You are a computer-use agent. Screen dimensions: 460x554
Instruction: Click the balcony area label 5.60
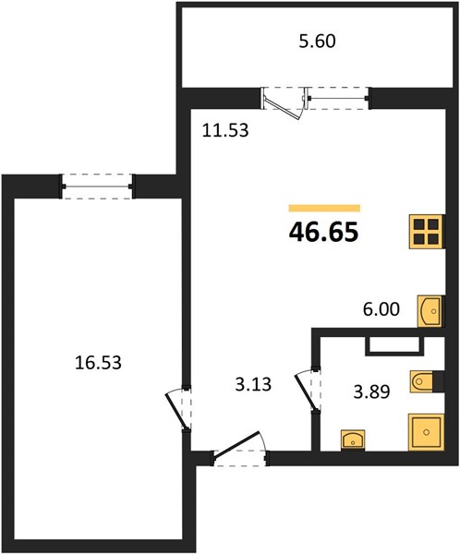(317, 42)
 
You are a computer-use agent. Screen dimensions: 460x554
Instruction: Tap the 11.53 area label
(225, 130)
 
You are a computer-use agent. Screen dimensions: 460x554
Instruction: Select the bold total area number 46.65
(324, 233)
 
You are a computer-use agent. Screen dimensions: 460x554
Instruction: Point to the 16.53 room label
(98, 363)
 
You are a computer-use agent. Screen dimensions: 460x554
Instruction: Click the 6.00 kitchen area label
(381, 309)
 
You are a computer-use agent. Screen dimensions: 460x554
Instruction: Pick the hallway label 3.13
(253, 384)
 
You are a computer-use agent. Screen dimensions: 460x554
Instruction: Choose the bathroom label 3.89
(371, 391)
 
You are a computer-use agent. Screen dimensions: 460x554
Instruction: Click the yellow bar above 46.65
(324, 208)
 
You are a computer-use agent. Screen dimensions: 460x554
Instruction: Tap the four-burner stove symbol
(427, 232)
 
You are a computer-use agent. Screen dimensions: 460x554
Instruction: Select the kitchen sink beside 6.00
(430, 311)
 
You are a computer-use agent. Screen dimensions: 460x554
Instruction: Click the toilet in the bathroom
(427, 381)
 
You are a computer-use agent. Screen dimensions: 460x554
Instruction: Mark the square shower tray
(426, 432)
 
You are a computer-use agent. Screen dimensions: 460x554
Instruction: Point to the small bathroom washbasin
(353, 440)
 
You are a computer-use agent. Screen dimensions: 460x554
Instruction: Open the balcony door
(284, 103)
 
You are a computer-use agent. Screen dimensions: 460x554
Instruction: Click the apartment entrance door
(240, 448)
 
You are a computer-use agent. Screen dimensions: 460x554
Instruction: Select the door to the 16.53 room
(178, 410)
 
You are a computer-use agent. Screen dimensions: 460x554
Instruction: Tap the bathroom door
(308, 391)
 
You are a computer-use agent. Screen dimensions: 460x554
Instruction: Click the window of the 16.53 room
(97, 187)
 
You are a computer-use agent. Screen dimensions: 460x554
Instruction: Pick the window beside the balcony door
(338, 98)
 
